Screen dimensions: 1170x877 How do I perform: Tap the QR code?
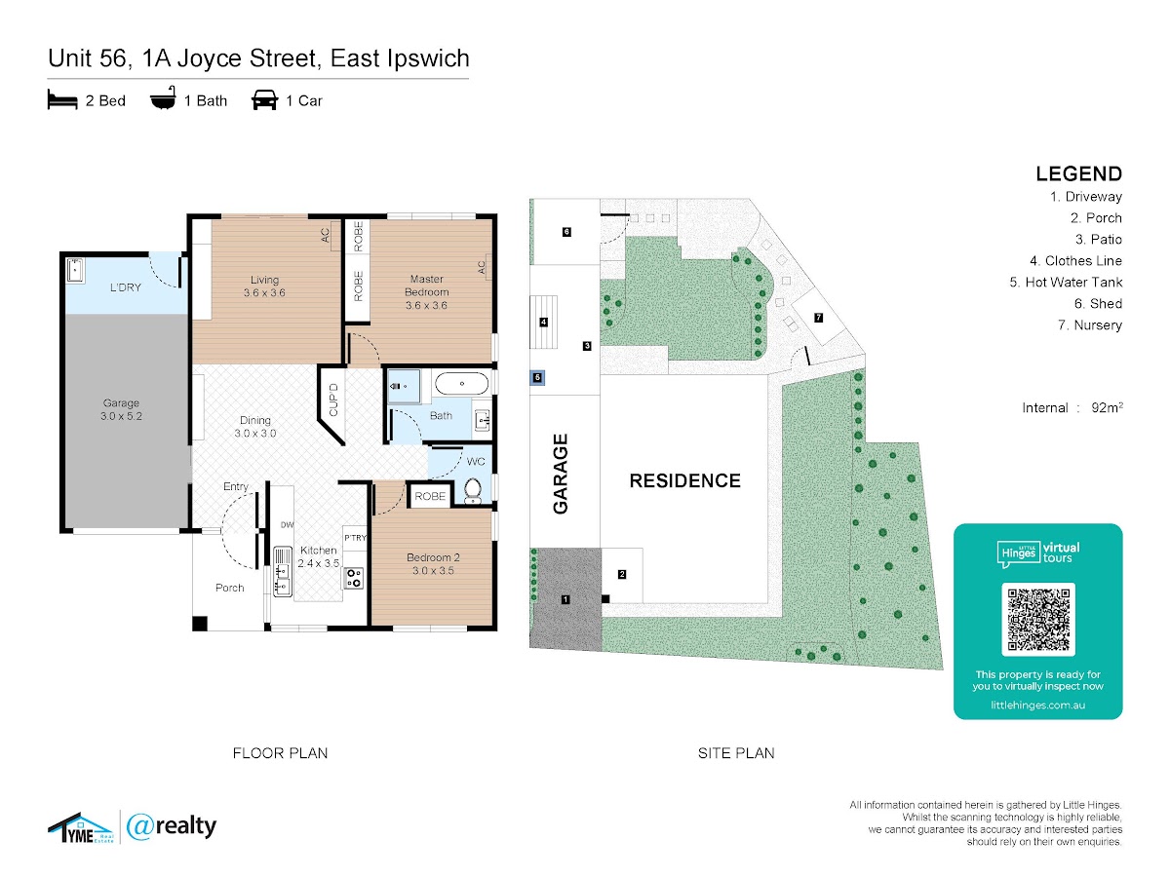[x=1038, y=620]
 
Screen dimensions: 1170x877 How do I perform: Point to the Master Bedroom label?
[x=427, y=292]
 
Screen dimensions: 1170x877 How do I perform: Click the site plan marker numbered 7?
[x=818, y=318]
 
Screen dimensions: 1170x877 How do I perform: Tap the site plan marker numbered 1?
[x=565, y=599]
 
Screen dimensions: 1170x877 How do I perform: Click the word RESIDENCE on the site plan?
[x=684, y=480]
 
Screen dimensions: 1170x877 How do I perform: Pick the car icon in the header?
[x=264, y=99]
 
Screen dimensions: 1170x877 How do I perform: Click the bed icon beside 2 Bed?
[x=62, y=99]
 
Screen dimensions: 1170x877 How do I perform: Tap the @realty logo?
[x=172, y=826]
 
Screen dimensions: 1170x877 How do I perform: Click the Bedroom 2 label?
[x=433, y=564]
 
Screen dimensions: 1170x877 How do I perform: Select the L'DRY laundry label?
[x=126, y=287]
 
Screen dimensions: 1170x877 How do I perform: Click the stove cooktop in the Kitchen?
[x=353, y=578]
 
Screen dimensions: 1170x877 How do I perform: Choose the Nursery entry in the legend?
[x=1092, y=325]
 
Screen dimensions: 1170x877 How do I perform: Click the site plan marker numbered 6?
[x=565, y=231]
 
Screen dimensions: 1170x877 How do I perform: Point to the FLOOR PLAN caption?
[x=280, y=752]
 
